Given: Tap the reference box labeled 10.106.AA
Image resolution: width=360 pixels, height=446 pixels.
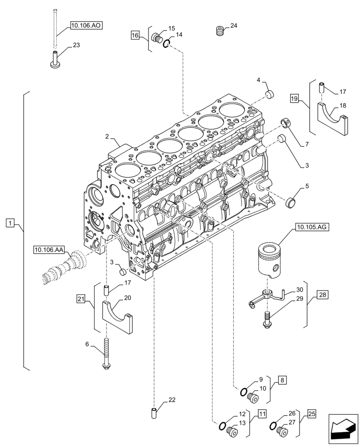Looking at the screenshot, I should point(49,250).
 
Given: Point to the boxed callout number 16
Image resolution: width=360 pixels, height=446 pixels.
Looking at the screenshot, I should point(135,34).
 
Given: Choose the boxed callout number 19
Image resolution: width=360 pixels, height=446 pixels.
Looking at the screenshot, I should point(294,98).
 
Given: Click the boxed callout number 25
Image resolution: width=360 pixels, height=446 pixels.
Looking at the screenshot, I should point(311,414).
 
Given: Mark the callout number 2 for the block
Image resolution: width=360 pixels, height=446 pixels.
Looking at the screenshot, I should point(107,136).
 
